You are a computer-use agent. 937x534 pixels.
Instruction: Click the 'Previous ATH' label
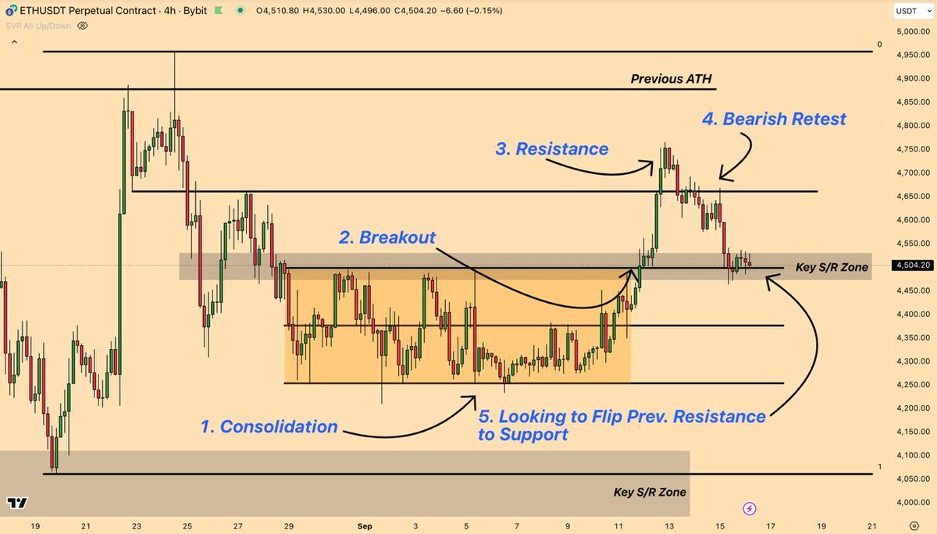click(671, 79)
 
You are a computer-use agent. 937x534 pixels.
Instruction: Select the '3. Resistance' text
click(551, 148)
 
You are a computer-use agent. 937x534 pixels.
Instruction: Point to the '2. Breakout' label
click(387, 237)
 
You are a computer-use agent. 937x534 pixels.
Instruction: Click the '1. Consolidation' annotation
click(269, 426)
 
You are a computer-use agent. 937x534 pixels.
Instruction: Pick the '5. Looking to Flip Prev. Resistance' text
click(622, 417)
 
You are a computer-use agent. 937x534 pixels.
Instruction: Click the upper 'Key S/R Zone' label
click(831, 267)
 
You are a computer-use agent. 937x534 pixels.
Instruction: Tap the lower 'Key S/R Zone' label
click(649, 492)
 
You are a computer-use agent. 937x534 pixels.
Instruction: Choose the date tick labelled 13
click(670, 525)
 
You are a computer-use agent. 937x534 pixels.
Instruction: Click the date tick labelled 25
click(187, 525)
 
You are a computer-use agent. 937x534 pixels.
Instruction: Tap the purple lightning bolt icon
click(750, 508)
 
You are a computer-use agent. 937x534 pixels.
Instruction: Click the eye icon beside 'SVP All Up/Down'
click(83, 26)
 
